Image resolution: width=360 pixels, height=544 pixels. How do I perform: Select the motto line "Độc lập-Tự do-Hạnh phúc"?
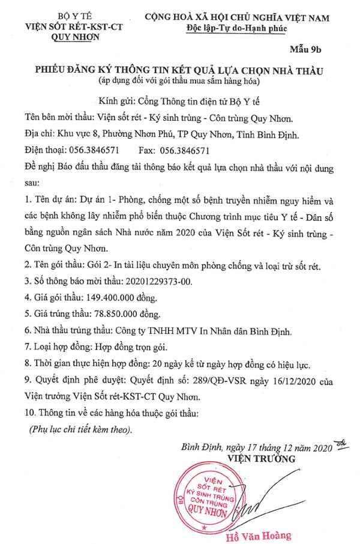coord(237,28)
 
